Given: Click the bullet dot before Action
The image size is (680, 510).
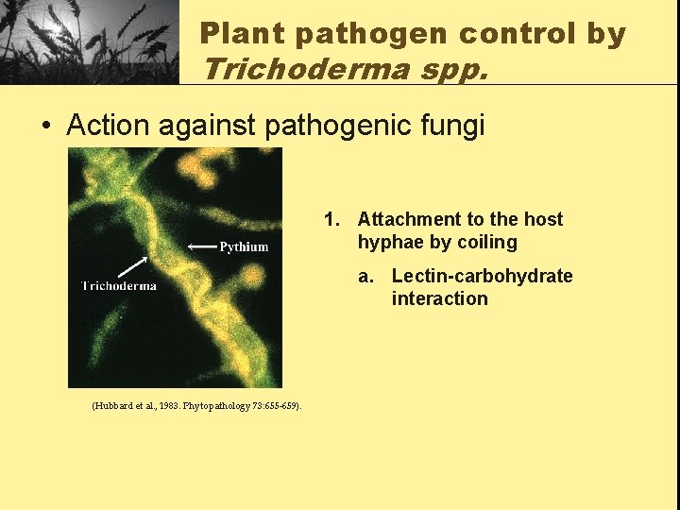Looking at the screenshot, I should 46,126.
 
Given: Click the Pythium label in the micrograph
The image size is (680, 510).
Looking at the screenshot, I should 244,246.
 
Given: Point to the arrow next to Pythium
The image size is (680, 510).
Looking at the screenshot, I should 201,246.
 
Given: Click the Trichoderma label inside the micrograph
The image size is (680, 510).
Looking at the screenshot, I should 119,285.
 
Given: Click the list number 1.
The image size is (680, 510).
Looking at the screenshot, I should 331,220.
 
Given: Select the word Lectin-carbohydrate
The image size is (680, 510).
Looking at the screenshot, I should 482,276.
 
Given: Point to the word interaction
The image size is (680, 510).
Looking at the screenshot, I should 439,299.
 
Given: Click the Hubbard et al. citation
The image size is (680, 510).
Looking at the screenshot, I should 196,405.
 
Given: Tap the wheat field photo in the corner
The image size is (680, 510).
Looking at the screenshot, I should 90,42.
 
